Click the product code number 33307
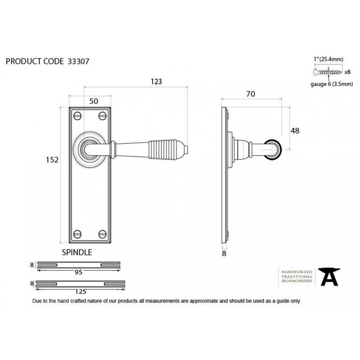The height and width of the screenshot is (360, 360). pos(78,62)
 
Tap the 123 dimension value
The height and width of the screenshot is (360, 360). pos(156,81)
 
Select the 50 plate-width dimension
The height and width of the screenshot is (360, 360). pos(94,101)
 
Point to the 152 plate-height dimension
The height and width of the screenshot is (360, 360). pos(52,160)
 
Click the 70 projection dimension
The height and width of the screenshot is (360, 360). pos(251,94)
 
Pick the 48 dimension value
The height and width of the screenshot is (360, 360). pos(295,130)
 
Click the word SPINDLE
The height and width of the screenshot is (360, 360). pos(77,252)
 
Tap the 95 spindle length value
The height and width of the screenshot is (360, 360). pos(78,272)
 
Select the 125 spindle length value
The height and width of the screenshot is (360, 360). pos(81,291)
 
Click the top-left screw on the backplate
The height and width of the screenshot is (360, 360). pos(77,116)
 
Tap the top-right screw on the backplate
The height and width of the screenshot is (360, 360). pos(103,116)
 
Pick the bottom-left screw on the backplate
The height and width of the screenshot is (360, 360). pos(77,234)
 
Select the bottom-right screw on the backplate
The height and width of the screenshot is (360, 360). pos(103,234)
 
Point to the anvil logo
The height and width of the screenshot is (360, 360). pos(329,277)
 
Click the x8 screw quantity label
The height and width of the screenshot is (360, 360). pos(347,72)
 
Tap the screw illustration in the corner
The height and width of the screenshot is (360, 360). pos(328,72)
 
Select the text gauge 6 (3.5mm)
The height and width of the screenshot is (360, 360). pos(332,84)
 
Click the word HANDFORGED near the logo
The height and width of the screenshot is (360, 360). pos(297,272)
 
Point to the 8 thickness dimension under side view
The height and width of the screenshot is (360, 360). pos(224,253)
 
